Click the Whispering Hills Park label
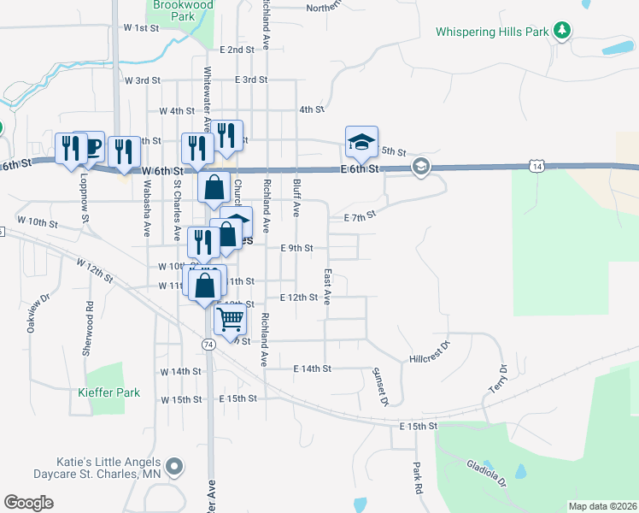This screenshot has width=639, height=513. pyautogui.click(x=490, y=32)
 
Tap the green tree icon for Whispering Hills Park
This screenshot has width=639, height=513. pyautogui.click(x=561, y=32)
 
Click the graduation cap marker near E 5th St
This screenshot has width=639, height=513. pyautogui.click(x=361, y=142)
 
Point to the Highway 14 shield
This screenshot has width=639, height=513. pyautogui.click(x=536, y=166)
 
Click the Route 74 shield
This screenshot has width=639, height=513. pyautogui.click(x=208, y=344)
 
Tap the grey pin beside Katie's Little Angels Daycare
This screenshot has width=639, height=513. pyautogui.click(x=174, y=467)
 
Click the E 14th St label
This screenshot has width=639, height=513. pyautogui.click(x=311, y=369)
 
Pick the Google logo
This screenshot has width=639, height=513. pyautogui.click(x=28, y=503)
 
